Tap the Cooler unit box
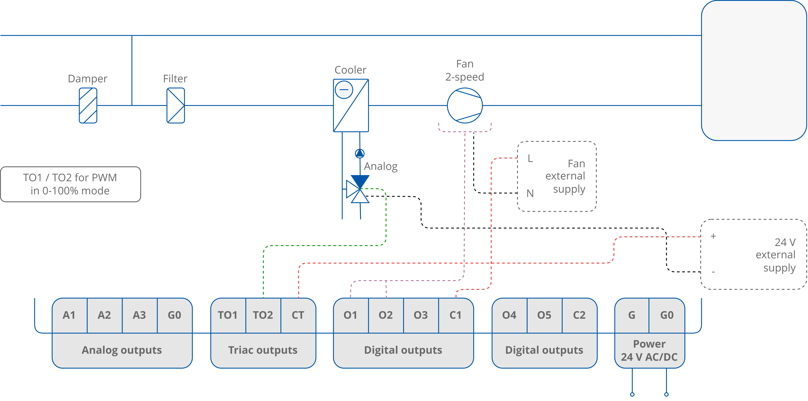point(351,106)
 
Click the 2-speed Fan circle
point(465,106)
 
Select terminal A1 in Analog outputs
point(69,315)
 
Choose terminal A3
point(139,315)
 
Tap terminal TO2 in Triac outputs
point(263,315)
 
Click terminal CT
point(298,315)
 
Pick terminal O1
point(350,315)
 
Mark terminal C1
point(455,315)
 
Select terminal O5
point(544,315)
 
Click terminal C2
point(579,315)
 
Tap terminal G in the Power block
point(632,315)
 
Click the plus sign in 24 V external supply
point(713,236)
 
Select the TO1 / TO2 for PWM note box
point(70,184)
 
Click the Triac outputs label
point(263,350)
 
